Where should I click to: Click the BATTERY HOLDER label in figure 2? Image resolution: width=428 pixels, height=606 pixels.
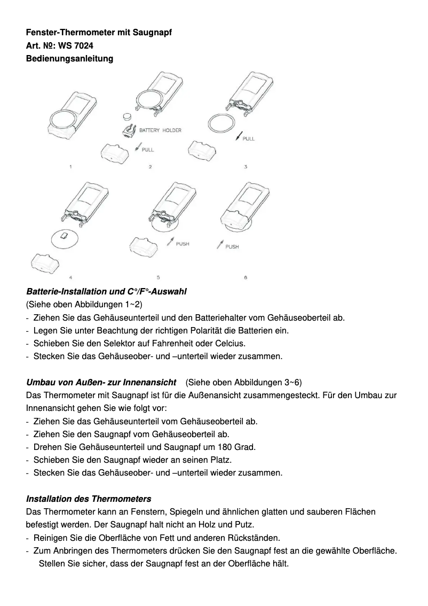(x=160, y=130)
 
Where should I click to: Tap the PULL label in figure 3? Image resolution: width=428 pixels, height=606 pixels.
(x=249, y=138)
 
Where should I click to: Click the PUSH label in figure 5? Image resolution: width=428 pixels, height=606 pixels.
(x=183, y=244)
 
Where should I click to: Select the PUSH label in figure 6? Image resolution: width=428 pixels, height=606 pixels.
(x=232, y=247)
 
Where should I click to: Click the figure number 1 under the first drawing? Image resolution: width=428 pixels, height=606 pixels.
(x=71, y=167)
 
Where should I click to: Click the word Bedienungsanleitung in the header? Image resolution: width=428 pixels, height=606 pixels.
(x=69, y=58)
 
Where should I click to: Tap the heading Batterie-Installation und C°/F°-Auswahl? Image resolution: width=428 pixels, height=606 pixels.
(x=106, y=292)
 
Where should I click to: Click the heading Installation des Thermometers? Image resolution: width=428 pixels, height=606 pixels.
(x=89, y=499)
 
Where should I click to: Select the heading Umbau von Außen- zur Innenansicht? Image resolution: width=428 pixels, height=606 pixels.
(x=101, y=382)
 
